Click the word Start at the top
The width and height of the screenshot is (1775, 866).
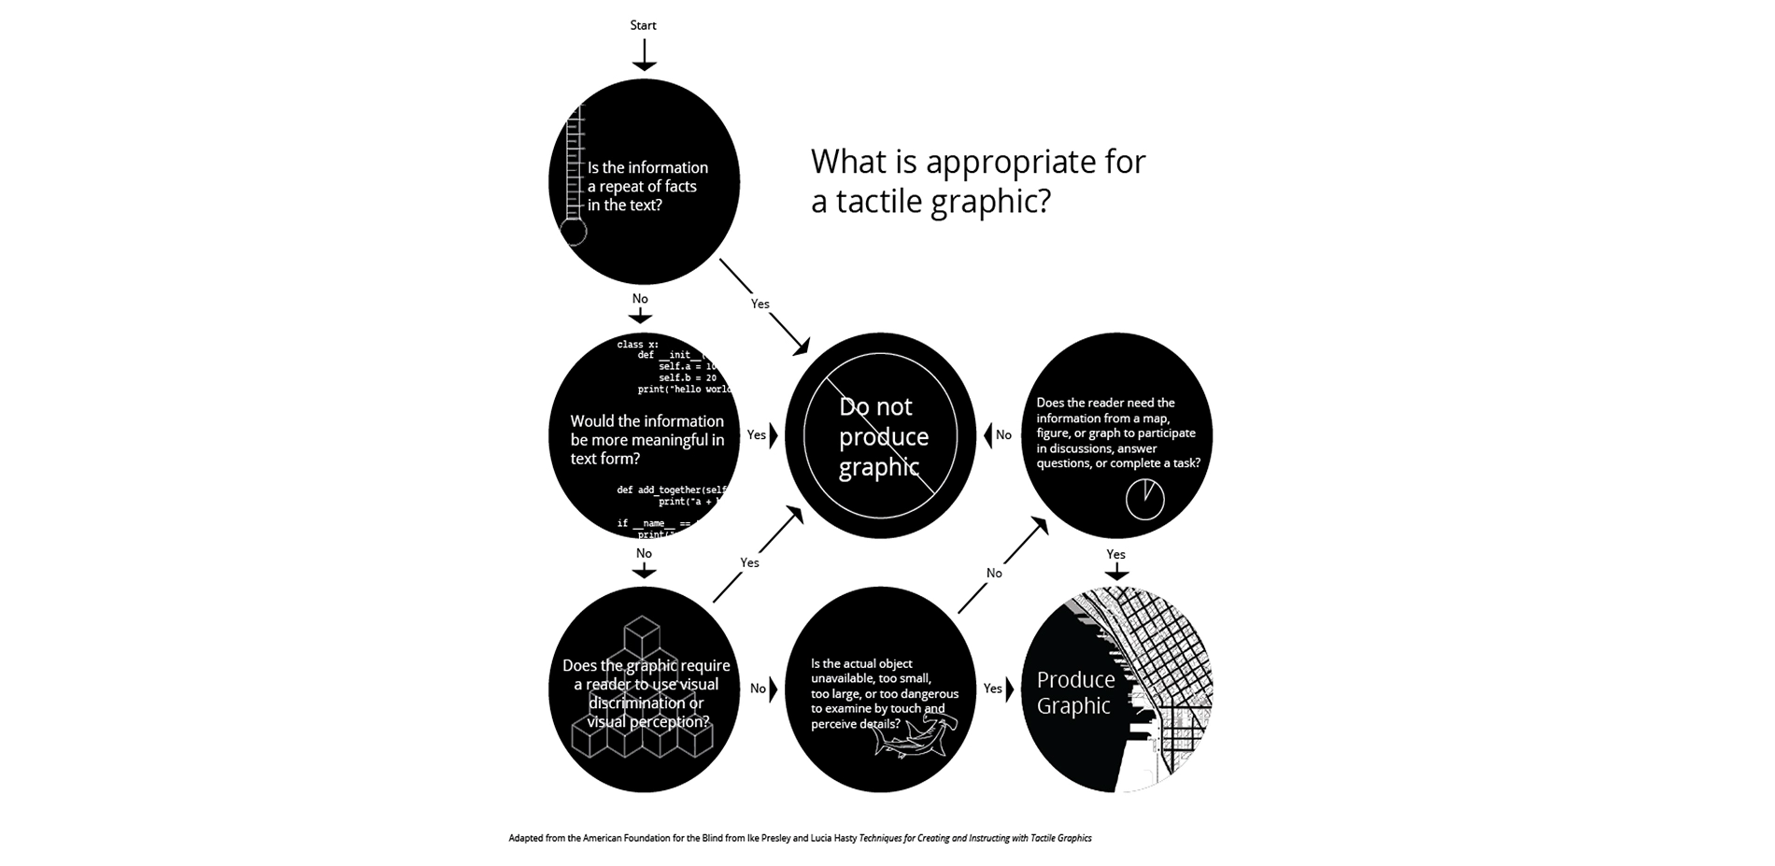(643, 25)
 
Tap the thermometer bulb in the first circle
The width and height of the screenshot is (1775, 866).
(573, 232)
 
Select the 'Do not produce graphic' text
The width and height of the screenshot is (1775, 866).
(882, 436)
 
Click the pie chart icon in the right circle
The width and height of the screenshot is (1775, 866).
(1144, 500)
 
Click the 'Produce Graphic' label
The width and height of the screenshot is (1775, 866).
(1075, 692)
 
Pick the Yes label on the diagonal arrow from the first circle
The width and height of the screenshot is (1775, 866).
(760, 304)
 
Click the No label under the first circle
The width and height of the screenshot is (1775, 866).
(640, 299)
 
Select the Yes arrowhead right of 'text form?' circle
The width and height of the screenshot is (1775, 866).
(774, 435)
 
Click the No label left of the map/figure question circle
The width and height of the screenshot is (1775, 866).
(1003, 435)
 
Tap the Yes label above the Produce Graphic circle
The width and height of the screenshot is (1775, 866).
(1115, 554)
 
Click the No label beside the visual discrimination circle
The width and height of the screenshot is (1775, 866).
(758, 689)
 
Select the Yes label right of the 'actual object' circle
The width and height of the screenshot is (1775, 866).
(992, 689)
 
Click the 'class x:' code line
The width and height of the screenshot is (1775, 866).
(638, 345)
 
